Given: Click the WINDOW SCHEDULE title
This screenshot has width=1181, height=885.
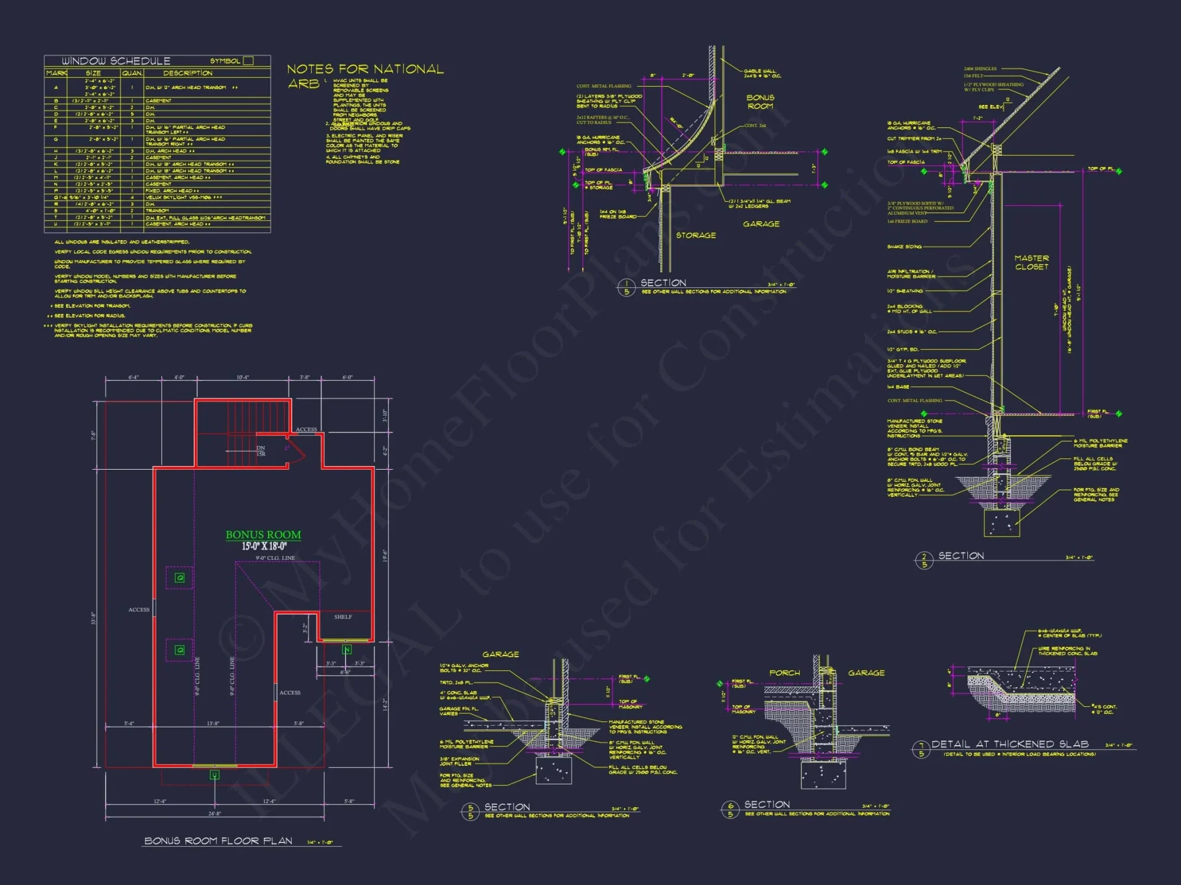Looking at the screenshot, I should point(116,61).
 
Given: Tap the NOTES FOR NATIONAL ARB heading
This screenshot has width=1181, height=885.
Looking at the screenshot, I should point(365,70).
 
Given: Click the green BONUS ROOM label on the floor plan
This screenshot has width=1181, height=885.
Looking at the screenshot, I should point(263,535).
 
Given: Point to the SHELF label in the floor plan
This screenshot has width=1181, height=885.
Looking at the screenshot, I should point(342,617).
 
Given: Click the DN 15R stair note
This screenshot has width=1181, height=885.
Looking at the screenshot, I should point(260,451).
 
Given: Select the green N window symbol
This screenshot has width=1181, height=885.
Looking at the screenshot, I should point(347,650).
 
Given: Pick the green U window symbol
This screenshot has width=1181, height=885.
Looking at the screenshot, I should point(214,775).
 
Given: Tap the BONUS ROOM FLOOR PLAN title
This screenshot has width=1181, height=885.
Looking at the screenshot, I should point(218,841).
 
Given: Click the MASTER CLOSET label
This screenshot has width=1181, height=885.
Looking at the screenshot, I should point(1032,263).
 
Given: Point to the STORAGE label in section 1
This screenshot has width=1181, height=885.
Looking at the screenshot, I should point(696,235).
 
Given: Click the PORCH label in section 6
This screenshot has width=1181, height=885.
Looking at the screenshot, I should point(784,673).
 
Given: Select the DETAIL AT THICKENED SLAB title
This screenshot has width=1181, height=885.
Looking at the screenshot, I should point(1010,744).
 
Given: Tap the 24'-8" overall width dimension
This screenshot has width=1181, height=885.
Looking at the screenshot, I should point(214,813).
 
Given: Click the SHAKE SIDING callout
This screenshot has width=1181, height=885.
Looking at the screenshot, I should point(904,247).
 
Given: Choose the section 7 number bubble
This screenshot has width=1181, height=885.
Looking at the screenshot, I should point(921,749).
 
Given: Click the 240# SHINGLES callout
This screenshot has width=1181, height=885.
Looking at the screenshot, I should point(980,69).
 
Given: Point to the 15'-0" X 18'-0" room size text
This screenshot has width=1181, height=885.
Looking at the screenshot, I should point(264,546).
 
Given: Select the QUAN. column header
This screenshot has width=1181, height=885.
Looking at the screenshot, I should point(132,73).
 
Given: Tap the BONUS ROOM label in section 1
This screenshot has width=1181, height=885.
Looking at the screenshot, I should point(760,101).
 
